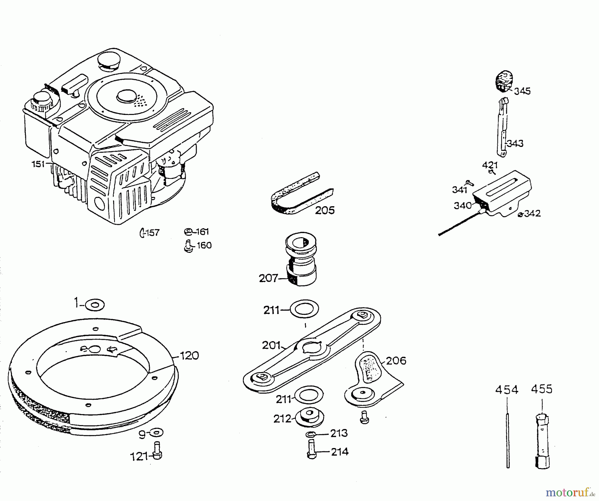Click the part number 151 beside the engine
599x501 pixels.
38,164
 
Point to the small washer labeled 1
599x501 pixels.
95,304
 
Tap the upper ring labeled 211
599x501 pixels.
304,309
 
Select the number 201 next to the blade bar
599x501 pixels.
271,345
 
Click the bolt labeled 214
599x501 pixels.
311,449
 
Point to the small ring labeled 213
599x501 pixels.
310,434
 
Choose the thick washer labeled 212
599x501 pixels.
309,417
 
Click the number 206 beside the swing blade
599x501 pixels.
396,361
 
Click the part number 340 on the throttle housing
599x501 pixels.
463,206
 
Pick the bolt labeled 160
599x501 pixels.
188,246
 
